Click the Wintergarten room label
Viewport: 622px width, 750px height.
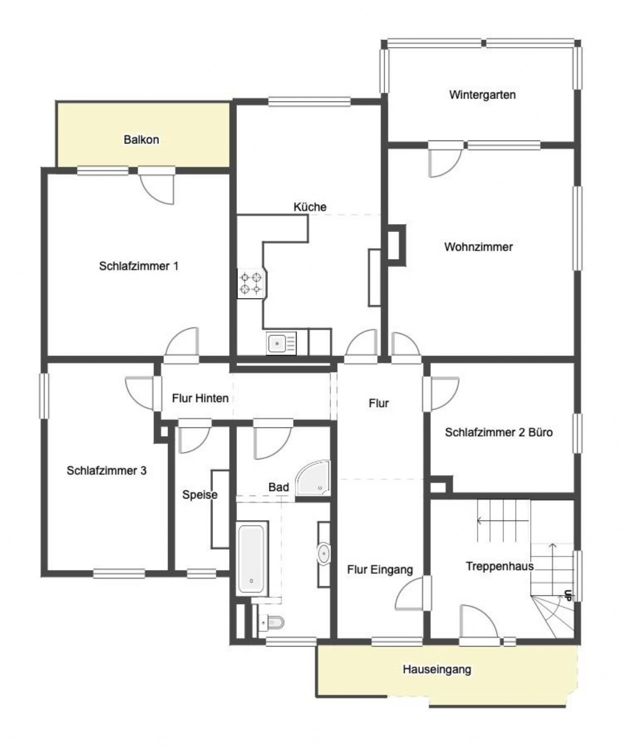482,95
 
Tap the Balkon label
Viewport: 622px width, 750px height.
141,139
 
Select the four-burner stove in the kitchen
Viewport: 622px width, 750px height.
250,283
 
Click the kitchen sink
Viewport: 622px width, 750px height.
281,343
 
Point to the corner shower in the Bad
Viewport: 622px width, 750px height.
313,477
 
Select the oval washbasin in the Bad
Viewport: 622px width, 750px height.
324,554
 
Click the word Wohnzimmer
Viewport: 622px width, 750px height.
478,247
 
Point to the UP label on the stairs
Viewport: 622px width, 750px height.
568,596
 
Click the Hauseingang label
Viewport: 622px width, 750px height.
436,669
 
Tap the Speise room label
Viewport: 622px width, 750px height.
199,495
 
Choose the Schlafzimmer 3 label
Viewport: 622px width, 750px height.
106,470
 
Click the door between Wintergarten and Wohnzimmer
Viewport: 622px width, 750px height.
444,159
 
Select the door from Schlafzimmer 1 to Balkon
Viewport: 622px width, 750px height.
156,185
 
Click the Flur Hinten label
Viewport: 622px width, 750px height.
200,398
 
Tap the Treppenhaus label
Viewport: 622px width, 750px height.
499,566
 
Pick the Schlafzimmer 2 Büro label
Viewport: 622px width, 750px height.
499,432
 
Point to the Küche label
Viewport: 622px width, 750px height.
310,207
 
